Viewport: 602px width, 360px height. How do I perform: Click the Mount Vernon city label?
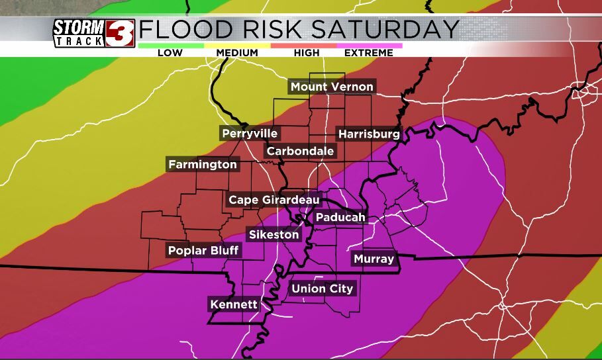pyautogui.click(x=332, y=87)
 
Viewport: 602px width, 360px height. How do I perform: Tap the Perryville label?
pyautogui.click(x=250, y=134)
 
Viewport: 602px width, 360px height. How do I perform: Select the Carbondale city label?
pyautogui.click(x=300, y=151)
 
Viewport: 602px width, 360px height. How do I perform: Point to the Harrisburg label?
pyautogui.click(x=369, y=134)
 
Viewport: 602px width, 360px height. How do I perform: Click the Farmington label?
pyautogui.click(x=203, y=164)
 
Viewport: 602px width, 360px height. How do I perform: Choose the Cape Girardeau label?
pyautogui.click(x=274, y=199)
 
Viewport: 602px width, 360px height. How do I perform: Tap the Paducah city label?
pyautogui.click(x=340, y=217)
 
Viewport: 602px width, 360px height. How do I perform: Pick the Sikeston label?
pyautogui.click(x=274, y=234)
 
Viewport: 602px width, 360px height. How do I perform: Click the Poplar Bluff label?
pyautogui.click(x=203, y=250)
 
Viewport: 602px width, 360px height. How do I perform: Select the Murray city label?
pyautogui.click(x=374, y=259)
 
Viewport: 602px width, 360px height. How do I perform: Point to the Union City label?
pyautogui.click(x=323, y=289)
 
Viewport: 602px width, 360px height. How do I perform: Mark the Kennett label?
pyautogui.click(x=233, y=304)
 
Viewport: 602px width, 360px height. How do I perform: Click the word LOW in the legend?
pyautogui.click(x=170, y=53)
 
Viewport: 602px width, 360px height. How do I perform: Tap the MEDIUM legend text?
pyautogui.click(x=237, y=53)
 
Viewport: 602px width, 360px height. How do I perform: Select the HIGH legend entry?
pyautogui.click(x=305, y=53)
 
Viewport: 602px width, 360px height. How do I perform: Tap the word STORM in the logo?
pyautogui.click(x=79, y=28)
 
